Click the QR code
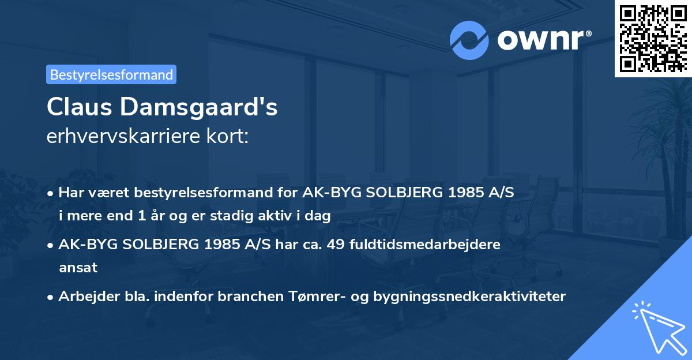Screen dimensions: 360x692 [653, 39]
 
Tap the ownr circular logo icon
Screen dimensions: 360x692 [469, 40]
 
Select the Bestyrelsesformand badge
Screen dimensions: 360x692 [111, 74]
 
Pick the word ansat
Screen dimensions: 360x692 [78, 268]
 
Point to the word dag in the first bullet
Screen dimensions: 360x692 [318, 216]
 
